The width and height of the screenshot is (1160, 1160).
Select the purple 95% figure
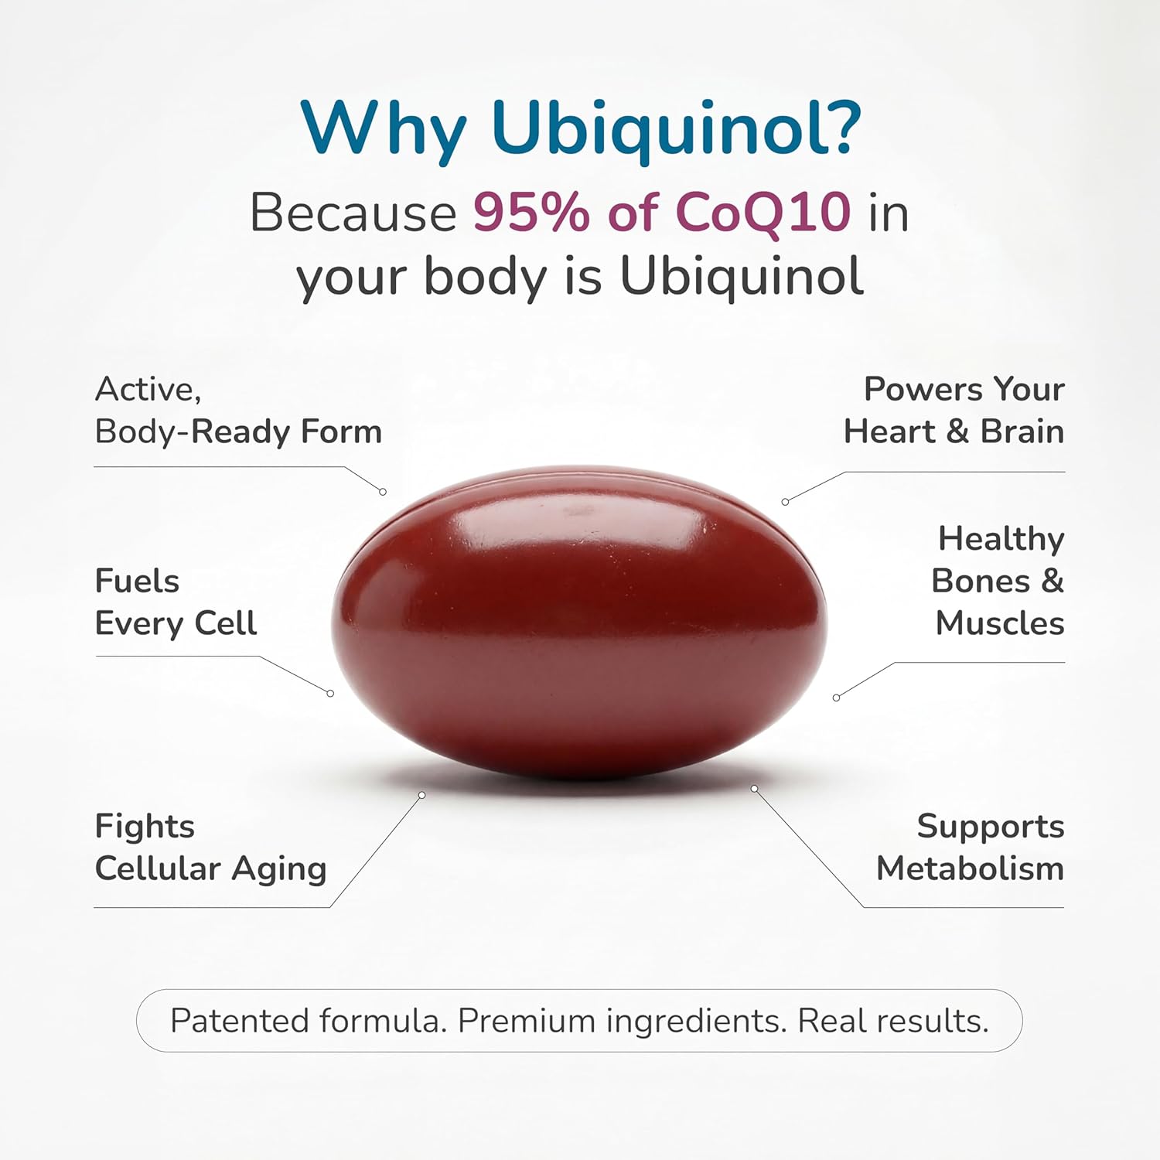click(x=531, y=212)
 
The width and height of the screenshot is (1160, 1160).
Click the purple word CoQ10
click(x=763, y=212)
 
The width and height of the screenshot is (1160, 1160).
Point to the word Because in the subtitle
click(x=353, y=212)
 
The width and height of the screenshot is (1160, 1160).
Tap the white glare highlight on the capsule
click(x=578, y=511)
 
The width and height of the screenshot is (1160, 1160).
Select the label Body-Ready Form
click(x=238, y=432)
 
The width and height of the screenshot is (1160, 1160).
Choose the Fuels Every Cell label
click(x=176, y=602)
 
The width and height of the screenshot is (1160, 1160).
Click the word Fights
click(x=145, y=827)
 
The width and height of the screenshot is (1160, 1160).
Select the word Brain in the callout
click(x=1022, y=432)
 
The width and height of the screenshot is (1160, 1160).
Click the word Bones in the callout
click(x=981, y=581)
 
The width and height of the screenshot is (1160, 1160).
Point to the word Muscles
click(x=1000, y=623)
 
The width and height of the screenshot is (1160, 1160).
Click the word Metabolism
click(x=970, y=868)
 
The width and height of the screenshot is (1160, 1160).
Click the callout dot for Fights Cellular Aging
click(x=422, y=795)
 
